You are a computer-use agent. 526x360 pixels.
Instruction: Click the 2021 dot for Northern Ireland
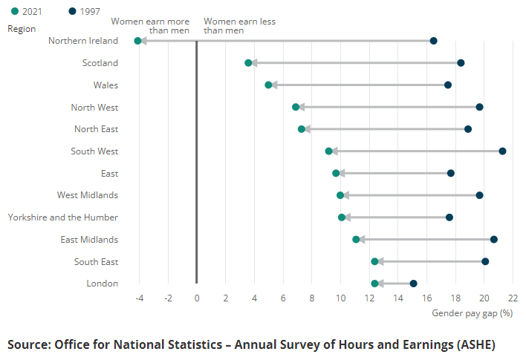(x=137, y=41)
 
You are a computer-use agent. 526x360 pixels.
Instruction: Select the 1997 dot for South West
(x=502, y=151)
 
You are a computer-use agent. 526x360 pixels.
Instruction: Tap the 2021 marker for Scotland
(x=248, y=63)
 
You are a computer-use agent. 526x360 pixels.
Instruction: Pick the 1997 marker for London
(x=413, y=284)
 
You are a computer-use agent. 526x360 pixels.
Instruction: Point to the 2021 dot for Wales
(x=268, y=85)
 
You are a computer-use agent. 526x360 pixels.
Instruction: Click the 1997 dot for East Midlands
(x=493, y=240)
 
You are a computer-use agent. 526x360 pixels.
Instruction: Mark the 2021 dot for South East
(x=374, y=261)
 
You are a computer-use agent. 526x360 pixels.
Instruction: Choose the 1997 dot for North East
(x=467, y=129)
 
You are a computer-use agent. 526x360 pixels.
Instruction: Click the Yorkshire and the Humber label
(x=63, y=217)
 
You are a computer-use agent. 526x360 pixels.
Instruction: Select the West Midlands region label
(x=88, y=195)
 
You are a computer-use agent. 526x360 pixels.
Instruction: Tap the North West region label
(x=94, y=108)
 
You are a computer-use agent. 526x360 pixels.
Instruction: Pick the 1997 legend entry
(x=83, y=12)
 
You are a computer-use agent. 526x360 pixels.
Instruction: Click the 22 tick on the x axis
(x=513, y=298)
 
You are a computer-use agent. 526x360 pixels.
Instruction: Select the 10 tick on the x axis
(x=340, y=298)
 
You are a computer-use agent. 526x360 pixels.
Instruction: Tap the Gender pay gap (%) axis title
(x=473, y=313)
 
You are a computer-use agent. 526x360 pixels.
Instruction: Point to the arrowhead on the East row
(x=341, y=173)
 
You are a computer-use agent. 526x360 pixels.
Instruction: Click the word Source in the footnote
(x=28, y=344)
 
